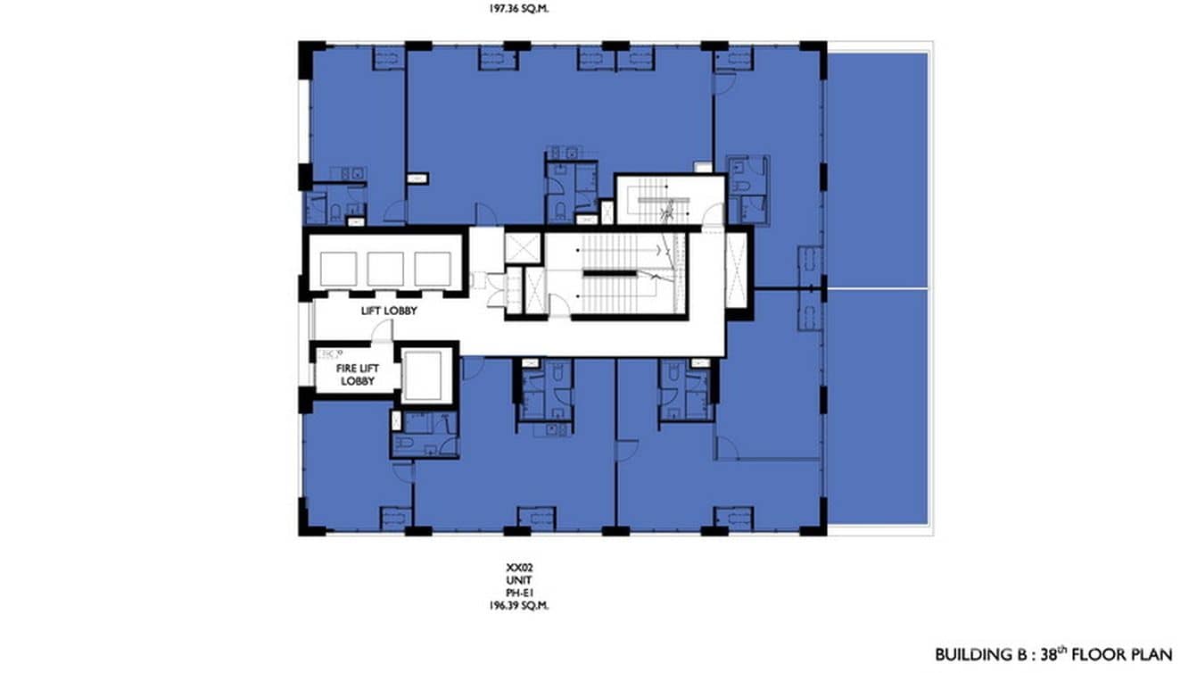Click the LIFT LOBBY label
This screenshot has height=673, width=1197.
390,312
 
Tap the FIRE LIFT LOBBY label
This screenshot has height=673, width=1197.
354,375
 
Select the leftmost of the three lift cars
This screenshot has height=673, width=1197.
337,268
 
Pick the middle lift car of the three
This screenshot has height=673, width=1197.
385,268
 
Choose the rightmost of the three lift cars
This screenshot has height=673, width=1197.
433,268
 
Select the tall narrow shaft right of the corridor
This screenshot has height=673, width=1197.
737,268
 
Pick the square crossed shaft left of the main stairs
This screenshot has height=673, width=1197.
522,246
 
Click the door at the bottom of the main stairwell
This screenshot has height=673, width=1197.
559,308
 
